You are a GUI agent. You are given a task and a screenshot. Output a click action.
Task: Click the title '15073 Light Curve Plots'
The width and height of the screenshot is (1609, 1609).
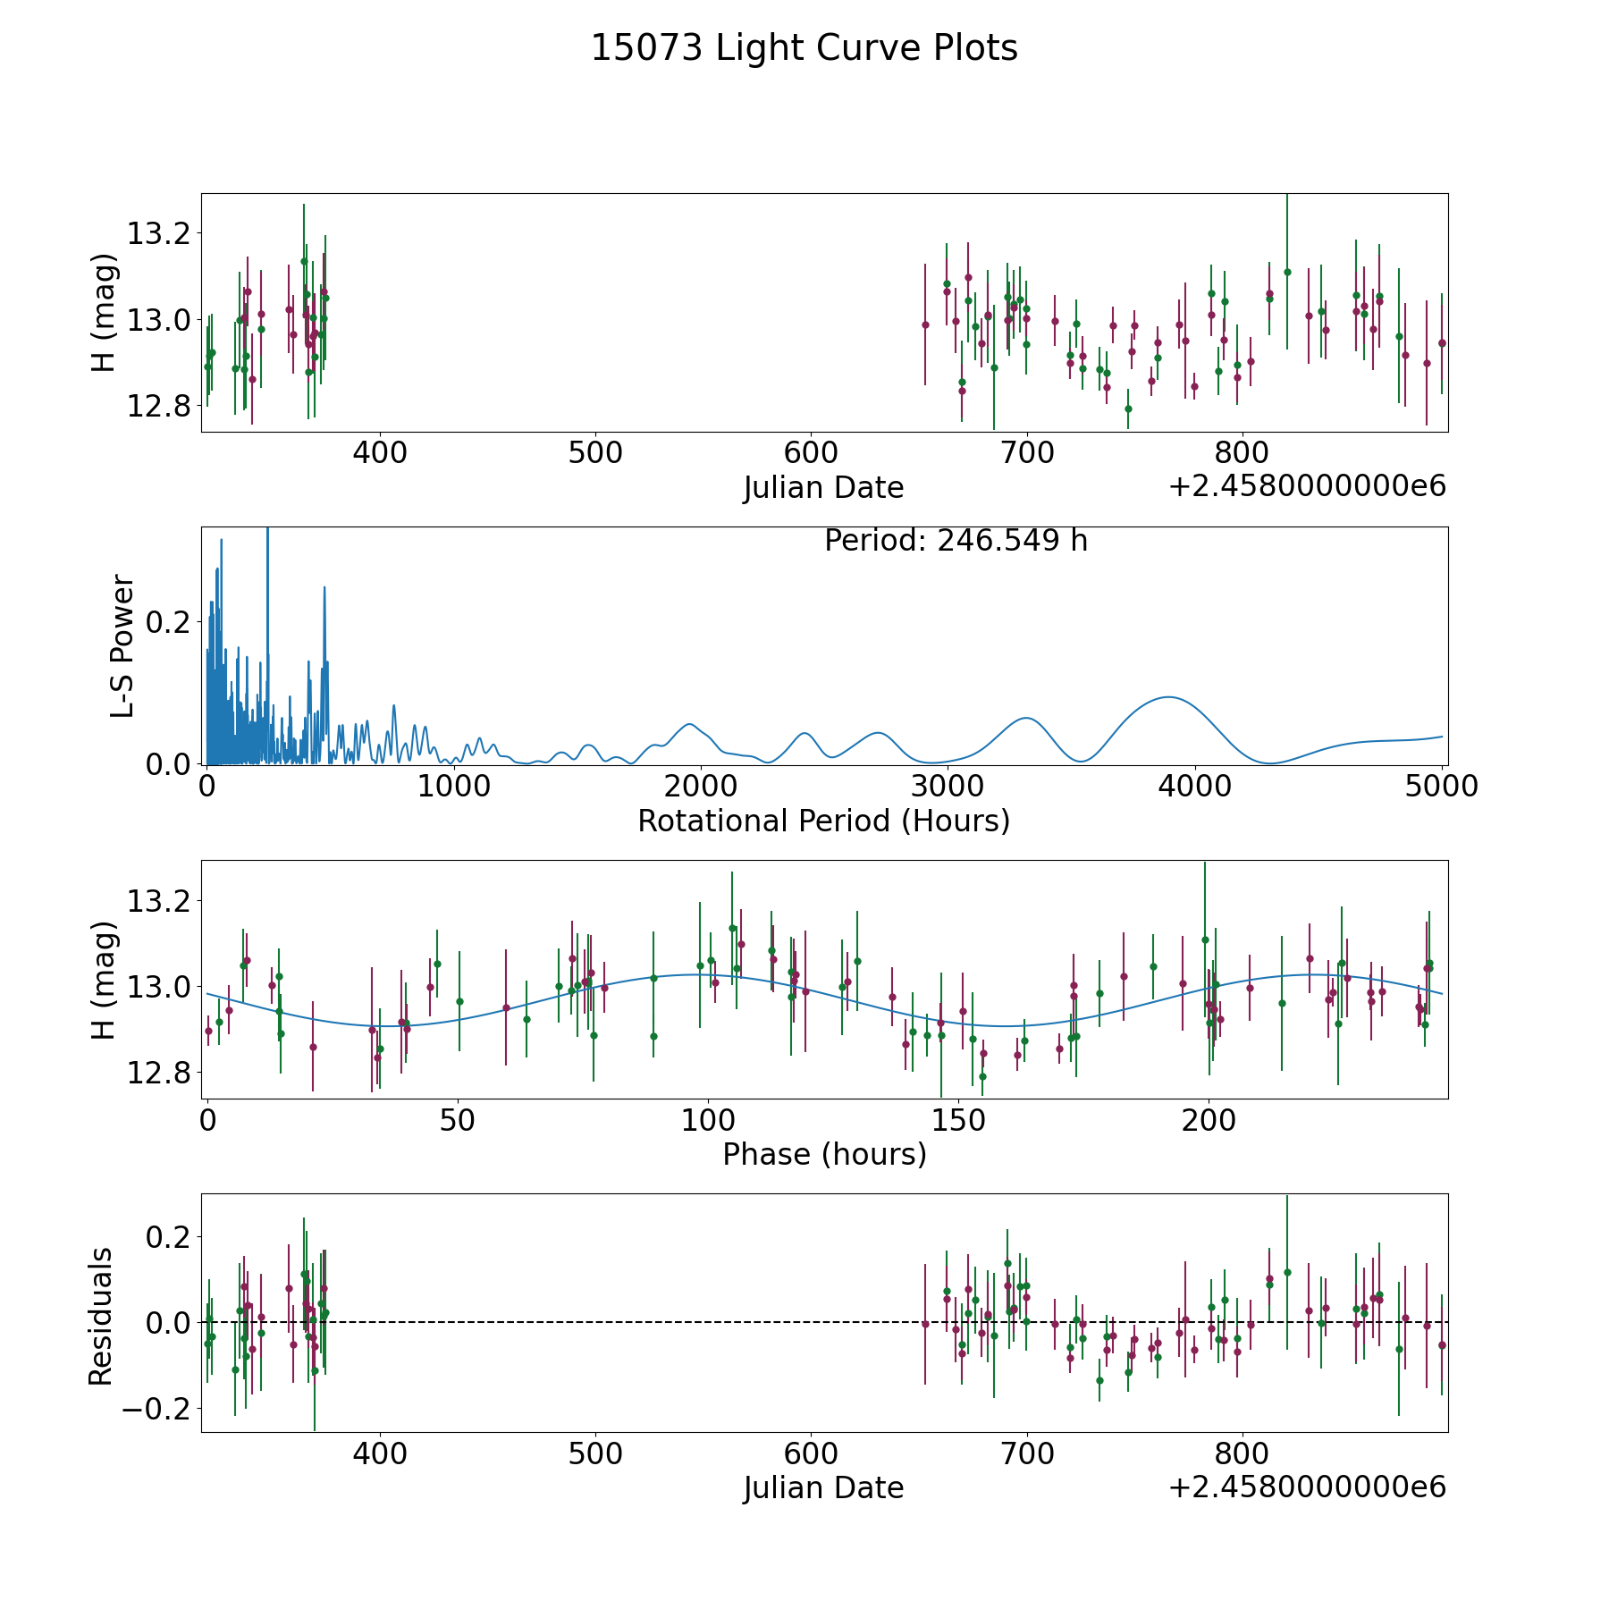804,48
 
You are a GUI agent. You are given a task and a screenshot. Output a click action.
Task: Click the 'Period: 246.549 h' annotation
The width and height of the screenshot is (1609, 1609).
956,541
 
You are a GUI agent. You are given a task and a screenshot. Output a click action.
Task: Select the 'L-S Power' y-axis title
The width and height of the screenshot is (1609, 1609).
122,645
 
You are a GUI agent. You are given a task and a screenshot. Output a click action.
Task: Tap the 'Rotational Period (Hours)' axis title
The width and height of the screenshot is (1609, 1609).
823,821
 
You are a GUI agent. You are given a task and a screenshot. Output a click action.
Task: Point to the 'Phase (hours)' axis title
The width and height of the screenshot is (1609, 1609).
824,1155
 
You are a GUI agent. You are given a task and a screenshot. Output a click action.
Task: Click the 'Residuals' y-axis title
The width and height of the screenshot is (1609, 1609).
101,1316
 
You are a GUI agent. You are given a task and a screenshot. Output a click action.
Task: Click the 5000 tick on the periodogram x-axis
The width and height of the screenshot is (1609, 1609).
1442,787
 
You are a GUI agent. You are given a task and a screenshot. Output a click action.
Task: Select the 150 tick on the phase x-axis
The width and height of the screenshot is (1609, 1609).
958,1121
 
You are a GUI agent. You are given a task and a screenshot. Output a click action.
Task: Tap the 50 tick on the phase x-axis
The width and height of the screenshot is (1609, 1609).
458,1121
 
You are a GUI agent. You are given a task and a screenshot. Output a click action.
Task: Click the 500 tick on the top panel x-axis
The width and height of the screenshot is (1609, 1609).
595,453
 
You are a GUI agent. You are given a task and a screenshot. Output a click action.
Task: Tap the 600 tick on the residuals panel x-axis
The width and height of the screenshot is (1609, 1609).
811,1454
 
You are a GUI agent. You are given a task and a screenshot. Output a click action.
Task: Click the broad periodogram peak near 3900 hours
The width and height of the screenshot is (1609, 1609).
1167,697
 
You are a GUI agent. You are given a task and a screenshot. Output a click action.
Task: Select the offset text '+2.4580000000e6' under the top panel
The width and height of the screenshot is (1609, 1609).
1307,486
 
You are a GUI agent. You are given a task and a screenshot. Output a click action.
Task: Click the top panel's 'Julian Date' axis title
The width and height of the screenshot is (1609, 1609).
823,488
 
